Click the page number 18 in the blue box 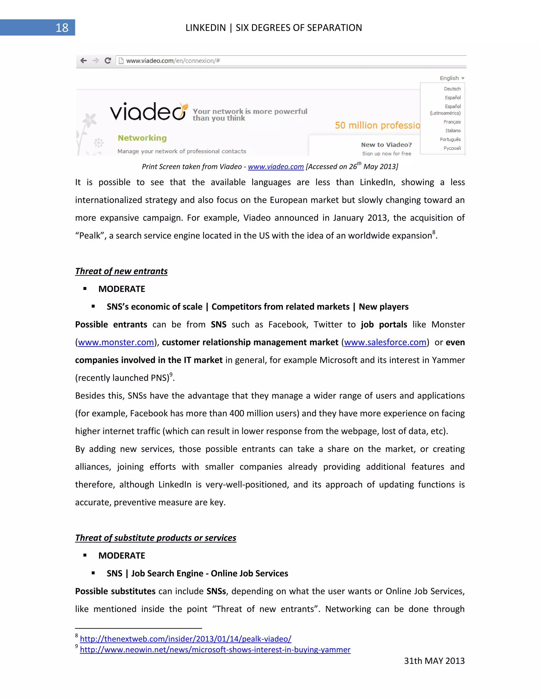62,28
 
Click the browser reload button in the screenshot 108,60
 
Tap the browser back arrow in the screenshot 84,60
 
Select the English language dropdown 451,78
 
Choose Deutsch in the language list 452,89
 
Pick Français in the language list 452,122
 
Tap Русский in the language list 452,148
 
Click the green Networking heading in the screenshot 142,138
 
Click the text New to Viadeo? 386,145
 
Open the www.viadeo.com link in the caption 276,167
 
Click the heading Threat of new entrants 121,271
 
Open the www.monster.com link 116,342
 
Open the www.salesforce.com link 385,342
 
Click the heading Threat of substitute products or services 156,538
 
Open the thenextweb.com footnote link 186,639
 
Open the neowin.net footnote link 215,650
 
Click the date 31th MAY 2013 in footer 434,661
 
